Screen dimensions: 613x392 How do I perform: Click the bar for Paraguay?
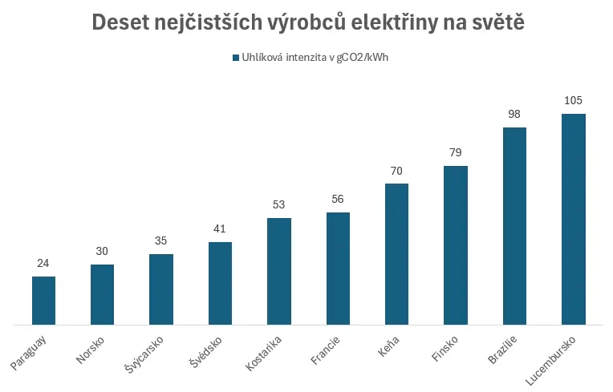[x=43, y=301]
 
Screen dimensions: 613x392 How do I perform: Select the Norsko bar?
[x=102, y=295]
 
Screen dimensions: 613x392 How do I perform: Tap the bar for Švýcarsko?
[x=161, y=289]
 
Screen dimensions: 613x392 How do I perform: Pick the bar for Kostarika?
[x=279, y=272]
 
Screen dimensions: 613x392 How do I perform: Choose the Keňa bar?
[x=397, y=254]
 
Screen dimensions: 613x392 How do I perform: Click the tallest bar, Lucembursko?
[x=574, y=220]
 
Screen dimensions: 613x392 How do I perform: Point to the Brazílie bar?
[x=514, y=226]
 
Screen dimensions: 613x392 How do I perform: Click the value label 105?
[x=573, y=100]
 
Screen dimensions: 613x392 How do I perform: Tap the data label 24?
[x=43, y=263]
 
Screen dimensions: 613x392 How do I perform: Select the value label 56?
[x=337, y=199]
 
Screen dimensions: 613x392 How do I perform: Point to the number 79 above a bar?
[x=456, y=152]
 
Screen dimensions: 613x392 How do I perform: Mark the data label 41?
[x=220, y=228]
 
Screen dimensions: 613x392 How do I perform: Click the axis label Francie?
[x=325, y=350]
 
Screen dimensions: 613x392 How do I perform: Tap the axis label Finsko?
[x=445, y=348]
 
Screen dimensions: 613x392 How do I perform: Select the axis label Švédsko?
[x=205, y=352]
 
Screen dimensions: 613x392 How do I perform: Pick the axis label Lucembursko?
[x=550, y=360]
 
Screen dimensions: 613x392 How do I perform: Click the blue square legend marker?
[x=236, y=58]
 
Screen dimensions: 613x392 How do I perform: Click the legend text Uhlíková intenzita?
[x=284, y=58]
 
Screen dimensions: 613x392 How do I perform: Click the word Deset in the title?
[x=120, y=22]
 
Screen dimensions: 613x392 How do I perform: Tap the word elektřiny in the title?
[x=394, y=23]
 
